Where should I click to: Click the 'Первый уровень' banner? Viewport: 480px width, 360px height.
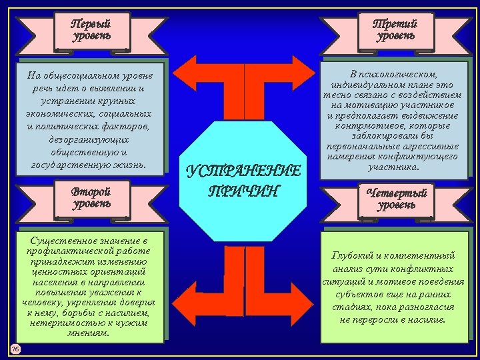(91, 29)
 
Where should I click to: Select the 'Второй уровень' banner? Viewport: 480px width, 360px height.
(91, 197)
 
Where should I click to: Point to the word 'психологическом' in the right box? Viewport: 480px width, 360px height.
(401, 74)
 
